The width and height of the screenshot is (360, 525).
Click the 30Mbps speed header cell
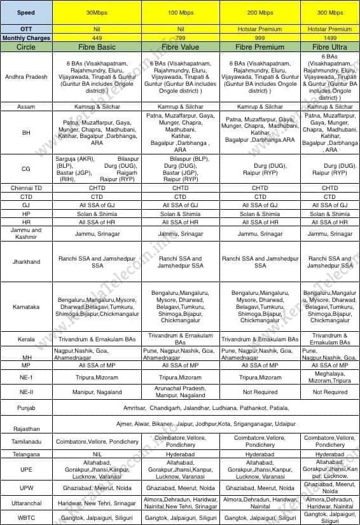pyautogui.click(x=97, y=12)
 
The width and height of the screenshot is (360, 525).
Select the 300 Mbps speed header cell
pyautogui.click(x=329, y=12)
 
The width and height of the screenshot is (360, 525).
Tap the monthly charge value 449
pyautogui.click(x=97, y=37)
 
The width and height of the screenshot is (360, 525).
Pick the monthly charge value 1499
pyautogui.click(x=329, y=37)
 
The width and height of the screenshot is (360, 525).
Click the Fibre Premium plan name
pyautogui.click(x=260, y=47)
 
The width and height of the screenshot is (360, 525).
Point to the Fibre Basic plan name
pyautogui.click(x=97, y=47)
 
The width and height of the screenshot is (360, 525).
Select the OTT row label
pyautogui.click(x=26, y=29)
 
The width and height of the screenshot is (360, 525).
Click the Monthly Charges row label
pyautogui.click(x=26, y=37)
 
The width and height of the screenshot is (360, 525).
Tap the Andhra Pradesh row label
pyautogui.click(x=26, y=77)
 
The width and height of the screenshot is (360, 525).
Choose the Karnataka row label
pyautogui.click(x=26, y=307)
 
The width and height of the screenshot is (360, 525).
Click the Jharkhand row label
pyautogui.click(x=26, y=261)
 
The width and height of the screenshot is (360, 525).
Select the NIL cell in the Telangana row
pyautogui.click(x=97, y=455)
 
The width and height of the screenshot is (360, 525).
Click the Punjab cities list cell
pyautogui.click(x=207, y=406)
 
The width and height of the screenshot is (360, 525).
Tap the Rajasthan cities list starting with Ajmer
pyautogui.click(x=207, y=423)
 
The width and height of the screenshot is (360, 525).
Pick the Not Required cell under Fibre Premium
pyautogui.click(x=260, y=392)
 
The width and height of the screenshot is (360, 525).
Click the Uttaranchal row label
pyautogui.click(x=26, y=503)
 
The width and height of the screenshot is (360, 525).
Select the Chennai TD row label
pyautogui.click(x=26, y=188)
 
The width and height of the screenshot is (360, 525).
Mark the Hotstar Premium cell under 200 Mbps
pyautogui.click(x=260, y=29)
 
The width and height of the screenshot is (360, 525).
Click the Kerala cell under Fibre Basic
pyautogui.click(x=97, y=339)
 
